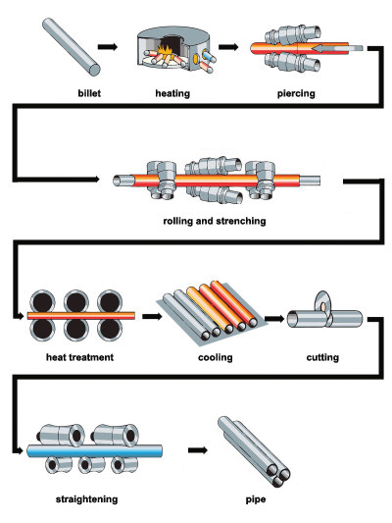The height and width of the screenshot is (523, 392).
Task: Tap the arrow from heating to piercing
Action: coord(229,45)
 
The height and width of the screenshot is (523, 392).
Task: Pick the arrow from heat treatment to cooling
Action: coord(150,317)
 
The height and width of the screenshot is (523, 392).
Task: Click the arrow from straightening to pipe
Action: coord(198,450)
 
